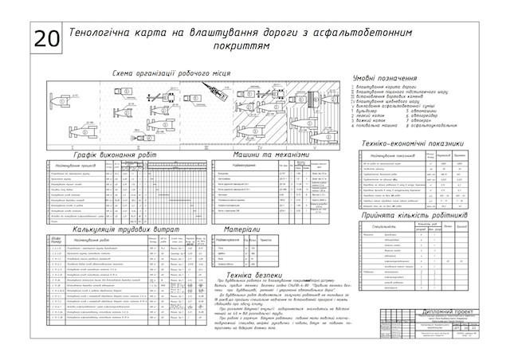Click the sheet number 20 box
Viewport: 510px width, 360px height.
46,38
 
